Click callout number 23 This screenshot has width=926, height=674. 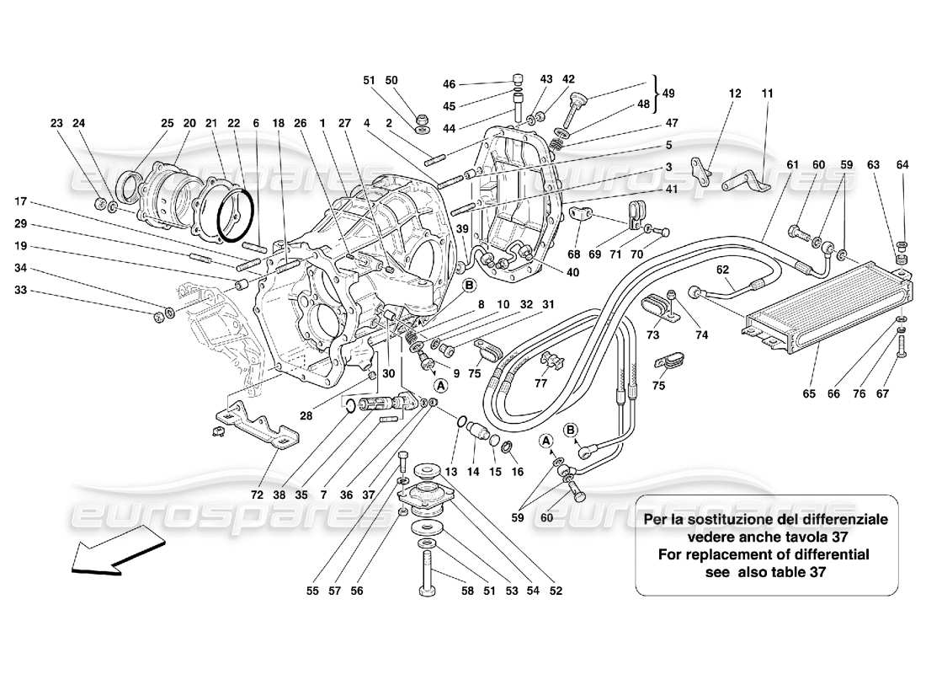(57, 123)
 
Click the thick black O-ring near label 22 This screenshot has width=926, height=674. (234, 213)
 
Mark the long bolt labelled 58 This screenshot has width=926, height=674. (428, 573)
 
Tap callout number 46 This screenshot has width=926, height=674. (449, 84)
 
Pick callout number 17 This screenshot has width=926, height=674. (21, 201)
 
